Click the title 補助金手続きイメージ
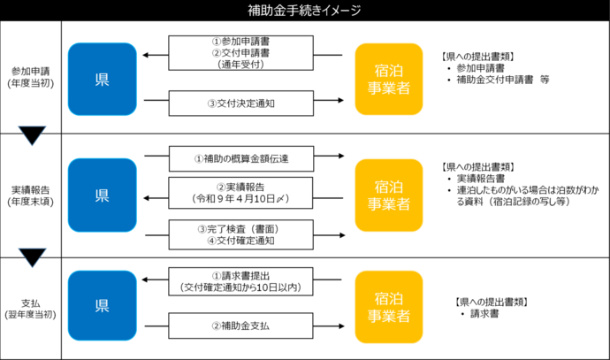pyautogui.click(x=304, y=11)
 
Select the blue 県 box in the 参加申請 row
pyautogui.click(x=102, y=79)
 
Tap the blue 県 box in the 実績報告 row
pyautogui.click(x=102, y=194)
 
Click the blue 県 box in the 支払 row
pyautogui.click(x=102, y=306)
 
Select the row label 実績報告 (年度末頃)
pyautogui.click(x=31, y=195)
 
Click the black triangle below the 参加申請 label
pyautogui.click(x=31, y=135)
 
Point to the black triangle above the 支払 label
pyautogui.click(x=31, y=257)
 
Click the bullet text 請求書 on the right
pyautogui.click(x=486, y=314)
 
